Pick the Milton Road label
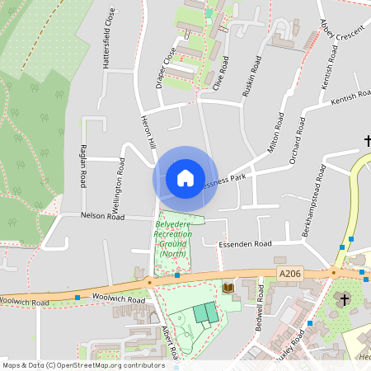[275, 134]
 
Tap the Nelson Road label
[102, 216]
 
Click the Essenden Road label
[245, 244]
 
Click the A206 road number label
[290, 272]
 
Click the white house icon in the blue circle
[185, 177]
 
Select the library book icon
[228, 287]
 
